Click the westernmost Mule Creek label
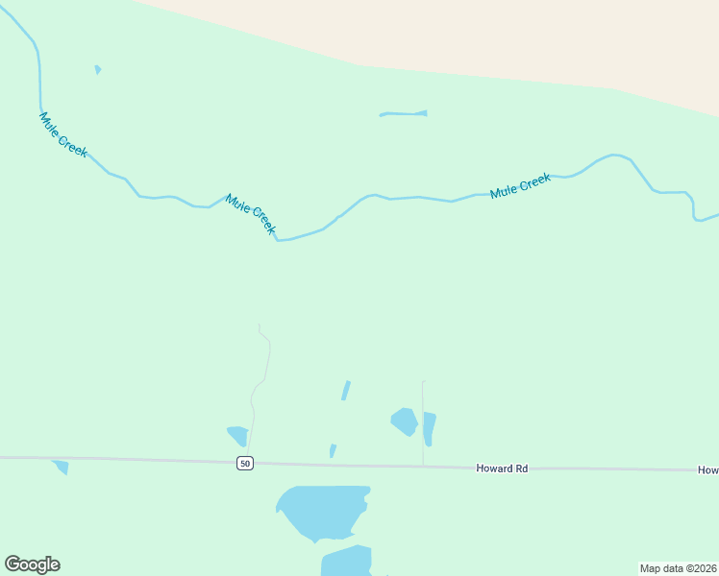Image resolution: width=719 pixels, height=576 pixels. pyautogui.click(x=63, y=134)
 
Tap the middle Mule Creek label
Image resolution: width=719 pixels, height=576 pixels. pyautogui.click(x=251, y=214)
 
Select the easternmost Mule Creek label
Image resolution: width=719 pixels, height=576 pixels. pyautogui.click(x=520, y=185)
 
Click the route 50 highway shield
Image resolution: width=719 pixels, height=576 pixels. pyautogui.click(x=245, y=464)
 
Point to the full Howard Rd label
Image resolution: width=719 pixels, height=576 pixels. pyautogui.click(x=502, y=468)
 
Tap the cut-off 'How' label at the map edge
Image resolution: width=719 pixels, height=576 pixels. pyautogui.click(x=708, y=470)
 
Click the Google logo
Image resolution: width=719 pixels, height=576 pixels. pyautogui.click(x=33, y=564)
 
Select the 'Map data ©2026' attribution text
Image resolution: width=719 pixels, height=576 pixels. pyautogui.click(x=678, y=568)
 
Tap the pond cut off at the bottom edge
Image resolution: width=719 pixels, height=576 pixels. pyautogui.click(x=347, y=562)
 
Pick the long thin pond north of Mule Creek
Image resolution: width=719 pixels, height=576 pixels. pyautogui.click(x=404, y=114)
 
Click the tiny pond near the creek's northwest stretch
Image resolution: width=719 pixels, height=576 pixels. pyautogui.click(x=98, y=69)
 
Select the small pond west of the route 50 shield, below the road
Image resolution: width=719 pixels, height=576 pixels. pyautogui.click(x=62, y=467)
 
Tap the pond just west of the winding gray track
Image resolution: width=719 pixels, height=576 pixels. pyautogui.click(x=237, y=435)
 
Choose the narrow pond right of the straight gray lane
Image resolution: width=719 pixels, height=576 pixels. pyautogui.click(x=429, y=428)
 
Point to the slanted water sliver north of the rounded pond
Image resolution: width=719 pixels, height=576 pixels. pyautogui.click(x=346, y=391)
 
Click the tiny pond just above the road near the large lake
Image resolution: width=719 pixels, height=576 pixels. pyautogui.click(x=333, y=450)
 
